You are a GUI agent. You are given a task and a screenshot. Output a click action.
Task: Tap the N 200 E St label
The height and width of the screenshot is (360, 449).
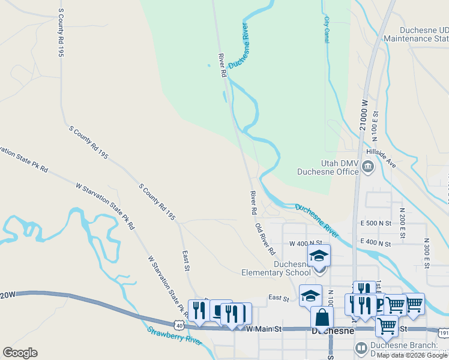pos(402,221)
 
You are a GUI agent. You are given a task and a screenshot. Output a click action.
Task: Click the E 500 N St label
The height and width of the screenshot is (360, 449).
pos(376,223)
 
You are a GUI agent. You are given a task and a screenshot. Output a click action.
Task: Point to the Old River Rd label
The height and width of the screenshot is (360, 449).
pos(265,238)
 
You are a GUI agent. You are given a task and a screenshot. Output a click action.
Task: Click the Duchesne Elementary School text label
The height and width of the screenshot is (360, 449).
pos(285,268)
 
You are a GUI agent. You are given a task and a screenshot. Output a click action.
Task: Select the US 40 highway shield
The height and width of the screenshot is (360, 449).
pos(179,325)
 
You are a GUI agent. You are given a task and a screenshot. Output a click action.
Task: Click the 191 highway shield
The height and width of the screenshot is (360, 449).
pos(444,332)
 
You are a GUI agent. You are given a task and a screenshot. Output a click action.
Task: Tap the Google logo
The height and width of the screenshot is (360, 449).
pos(20,353)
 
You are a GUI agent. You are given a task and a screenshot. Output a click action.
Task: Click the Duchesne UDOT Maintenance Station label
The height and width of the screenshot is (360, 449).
pos(424,34)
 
